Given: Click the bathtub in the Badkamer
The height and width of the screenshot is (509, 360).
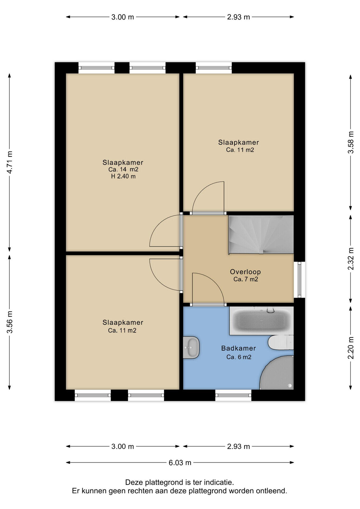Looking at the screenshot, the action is click(261, 321).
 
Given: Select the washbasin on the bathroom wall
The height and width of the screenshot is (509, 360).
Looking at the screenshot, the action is click(191, 347).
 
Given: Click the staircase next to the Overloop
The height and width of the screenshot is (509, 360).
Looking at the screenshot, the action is click(261, 235).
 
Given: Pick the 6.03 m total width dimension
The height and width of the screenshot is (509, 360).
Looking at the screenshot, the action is click(180, 463).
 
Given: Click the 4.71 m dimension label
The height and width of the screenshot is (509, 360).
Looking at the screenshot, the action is click(10, 162).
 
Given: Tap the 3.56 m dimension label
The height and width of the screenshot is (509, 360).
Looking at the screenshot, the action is click(10, 322).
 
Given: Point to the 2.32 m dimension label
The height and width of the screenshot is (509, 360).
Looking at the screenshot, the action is click(351, 259).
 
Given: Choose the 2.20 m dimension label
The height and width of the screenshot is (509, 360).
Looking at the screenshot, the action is click(351, 348).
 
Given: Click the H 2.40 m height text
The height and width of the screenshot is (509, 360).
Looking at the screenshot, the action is click(123, 176).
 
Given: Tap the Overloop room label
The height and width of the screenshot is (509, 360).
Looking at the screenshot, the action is click(245, 272).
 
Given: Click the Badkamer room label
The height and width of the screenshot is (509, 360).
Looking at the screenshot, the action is click(239, 348).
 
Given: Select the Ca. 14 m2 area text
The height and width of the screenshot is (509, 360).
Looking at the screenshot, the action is click(123, 169).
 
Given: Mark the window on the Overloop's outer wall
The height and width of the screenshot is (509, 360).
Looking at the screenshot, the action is click(300, 280).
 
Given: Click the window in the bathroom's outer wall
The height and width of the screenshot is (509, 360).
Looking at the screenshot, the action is click(233, 395).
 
